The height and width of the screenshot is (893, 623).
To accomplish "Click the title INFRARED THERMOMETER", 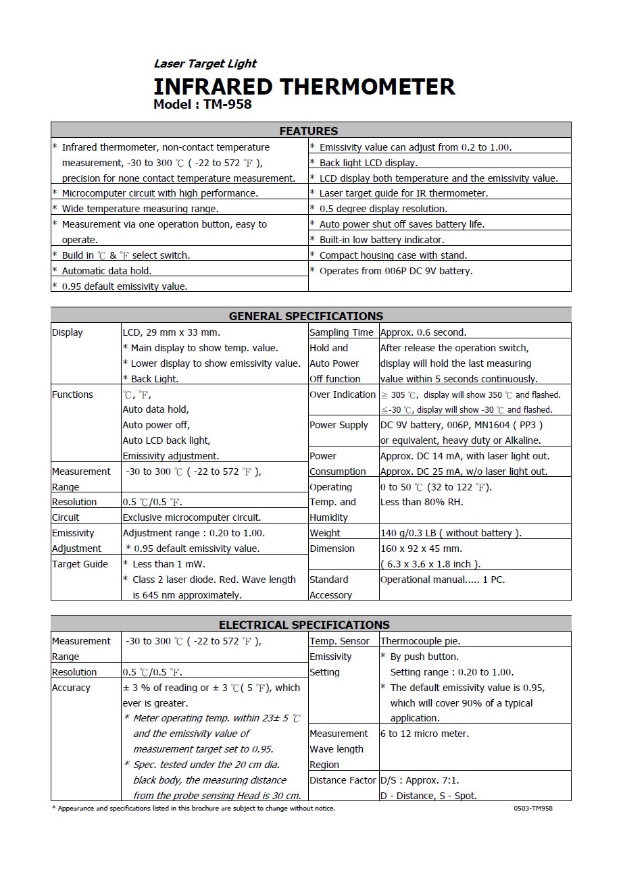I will (304, 86).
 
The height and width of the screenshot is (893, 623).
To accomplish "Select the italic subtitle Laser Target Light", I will (205, 63).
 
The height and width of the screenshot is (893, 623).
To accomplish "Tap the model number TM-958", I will (228, 104).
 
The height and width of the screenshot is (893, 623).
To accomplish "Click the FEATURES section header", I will (309, 131).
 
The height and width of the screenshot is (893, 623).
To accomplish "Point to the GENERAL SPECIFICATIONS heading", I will (306, 316).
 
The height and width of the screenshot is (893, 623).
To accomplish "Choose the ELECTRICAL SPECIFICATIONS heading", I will (304, 625).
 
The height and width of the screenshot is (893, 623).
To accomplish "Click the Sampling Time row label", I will (341, 332).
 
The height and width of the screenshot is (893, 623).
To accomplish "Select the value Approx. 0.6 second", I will (424, 332).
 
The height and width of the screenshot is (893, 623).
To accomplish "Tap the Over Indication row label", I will (343, 394).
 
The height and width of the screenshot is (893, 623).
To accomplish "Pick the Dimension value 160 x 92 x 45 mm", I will (421, 548).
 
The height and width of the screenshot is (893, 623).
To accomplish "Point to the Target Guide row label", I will (80, 564).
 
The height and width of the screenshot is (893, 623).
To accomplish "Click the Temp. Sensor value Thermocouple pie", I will (420, 641).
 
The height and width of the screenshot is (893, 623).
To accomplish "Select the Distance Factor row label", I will (343, 780).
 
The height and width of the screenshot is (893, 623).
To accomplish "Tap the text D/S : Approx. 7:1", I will (420, 780).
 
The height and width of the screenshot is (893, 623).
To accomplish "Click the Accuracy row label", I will (71, 688).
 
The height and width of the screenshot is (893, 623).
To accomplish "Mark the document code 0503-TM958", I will (533, 808).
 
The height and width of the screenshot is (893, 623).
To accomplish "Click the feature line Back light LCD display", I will (368, 163).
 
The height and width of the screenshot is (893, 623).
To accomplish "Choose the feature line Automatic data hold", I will (107, 271).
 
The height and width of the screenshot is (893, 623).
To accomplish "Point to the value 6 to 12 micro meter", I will (424, 734).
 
